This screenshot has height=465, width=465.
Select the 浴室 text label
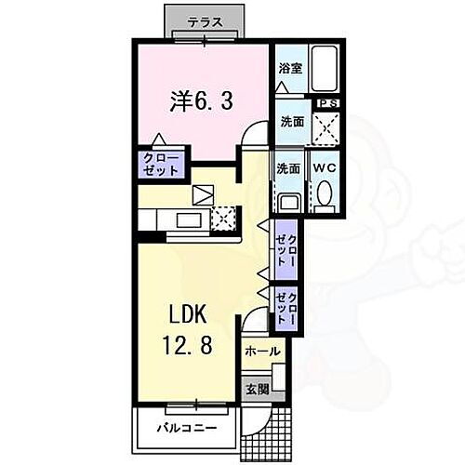coord(289,68)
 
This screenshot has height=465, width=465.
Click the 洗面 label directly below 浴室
coord(289,121)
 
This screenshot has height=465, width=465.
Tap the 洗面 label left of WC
coord(287,168)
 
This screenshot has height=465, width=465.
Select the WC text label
coord(324,168)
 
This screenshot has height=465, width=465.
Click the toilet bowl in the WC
coord(324,194)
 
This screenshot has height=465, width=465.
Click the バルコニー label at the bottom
coord(186,428)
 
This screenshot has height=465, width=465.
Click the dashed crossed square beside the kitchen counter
coord(223,219)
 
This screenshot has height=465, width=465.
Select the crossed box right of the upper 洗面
coord(326,127)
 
